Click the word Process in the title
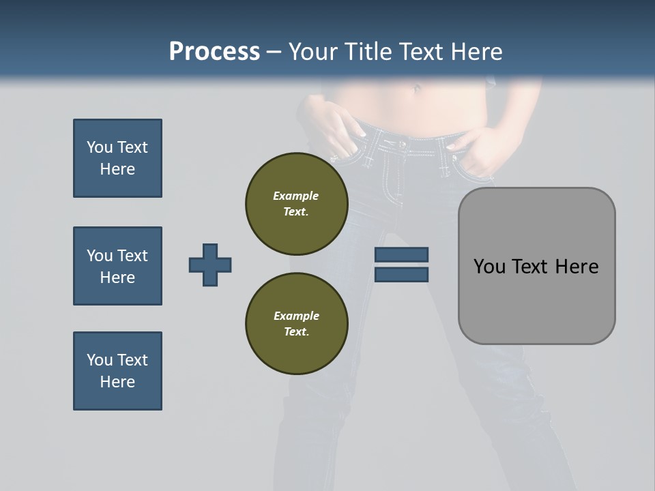point(214,51)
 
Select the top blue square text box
point(117,158)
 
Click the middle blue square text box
point(117,266)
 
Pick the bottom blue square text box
point(117,371)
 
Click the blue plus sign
point(210,265)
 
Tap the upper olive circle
point(297,203)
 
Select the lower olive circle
point(297,323)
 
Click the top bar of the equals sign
point(401,254)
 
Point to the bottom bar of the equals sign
point(401,274)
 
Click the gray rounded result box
point(536,266)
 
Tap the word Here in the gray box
point(577,266)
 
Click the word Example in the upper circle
point(296,196)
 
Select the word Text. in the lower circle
point(296,331)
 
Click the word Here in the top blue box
point(117,169)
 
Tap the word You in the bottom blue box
point(99,360)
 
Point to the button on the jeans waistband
point(403,144)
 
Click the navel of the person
point(417,88)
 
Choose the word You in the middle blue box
point(99,256)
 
